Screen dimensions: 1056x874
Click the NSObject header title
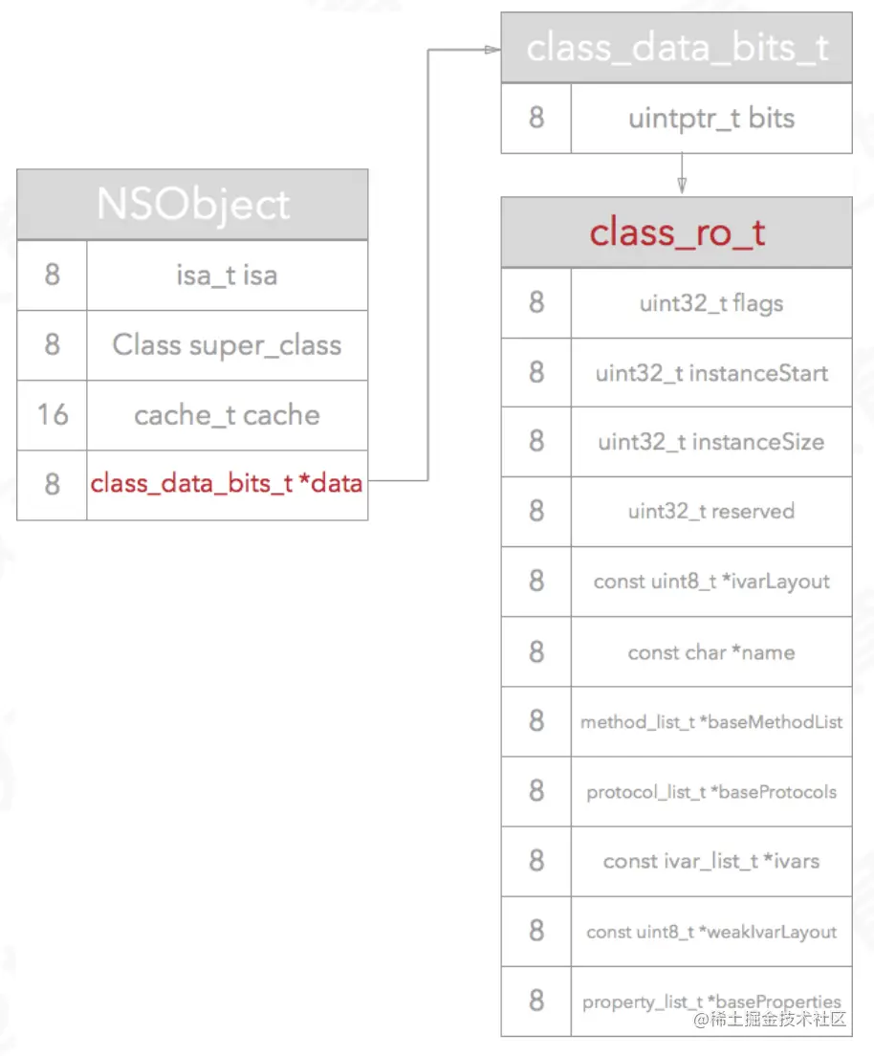click(x=192, y=205)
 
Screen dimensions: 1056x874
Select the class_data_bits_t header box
click(x=677, y=48)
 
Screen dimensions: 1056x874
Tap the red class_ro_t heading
click(x=677, y=232)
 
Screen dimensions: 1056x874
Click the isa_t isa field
click(x=227, y=275)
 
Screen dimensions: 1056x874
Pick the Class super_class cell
click(x=227, y=345)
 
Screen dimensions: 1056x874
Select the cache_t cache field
click(x=227, y=415)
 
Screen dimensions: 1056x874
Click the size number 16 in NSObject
click(x=52, y=415)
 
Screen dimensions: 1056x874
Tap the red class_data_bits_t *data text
click(x=227, y=484)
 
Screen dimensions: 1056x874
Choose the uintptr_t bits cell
click(x=711, y=119)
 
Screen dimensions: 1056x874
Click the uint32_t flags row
click(x=711, y=303)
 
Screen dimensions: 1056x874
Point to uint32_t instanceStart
click(x=711, y=373)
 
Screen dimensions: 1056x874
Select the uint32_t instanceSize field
click(x=711, y=442)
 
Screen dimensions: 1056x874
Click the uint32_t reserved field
click(x=711, y=512)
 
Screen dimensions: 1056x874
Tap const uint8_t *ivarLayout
click(x=711, y=582)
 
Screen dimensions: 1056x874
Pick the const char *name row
click(x=711, y=652)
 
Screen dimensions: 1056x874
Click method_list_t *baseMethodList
click(x=711, y=722)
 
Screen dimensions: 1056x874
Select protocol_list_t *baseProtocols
click(x=711, y=792)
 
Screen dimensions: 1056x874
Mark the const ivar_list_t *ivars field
click(x=711, y=861)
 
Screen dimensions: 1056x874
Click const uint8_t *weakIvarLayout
click(x=711, y=932)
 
